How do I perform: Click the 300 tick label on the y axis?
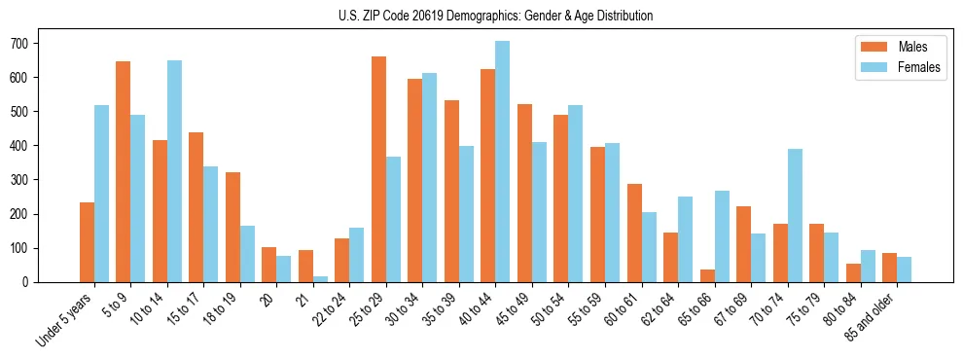pyautogui.click(x=18, y=180)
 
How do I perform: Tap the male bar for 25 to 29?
pyautogui.click(x=378, y=169)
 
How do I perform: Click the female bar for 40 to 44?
pyautogui.click(x=502, y=162)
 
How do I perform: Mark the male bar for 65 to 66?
pyautogui.click(x=707, y=275)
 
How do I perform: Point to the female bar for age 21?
pyautogui.click(x=320, y=279)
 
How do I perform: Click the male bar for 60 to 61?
pyautogui.click(x=634, y=233)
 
